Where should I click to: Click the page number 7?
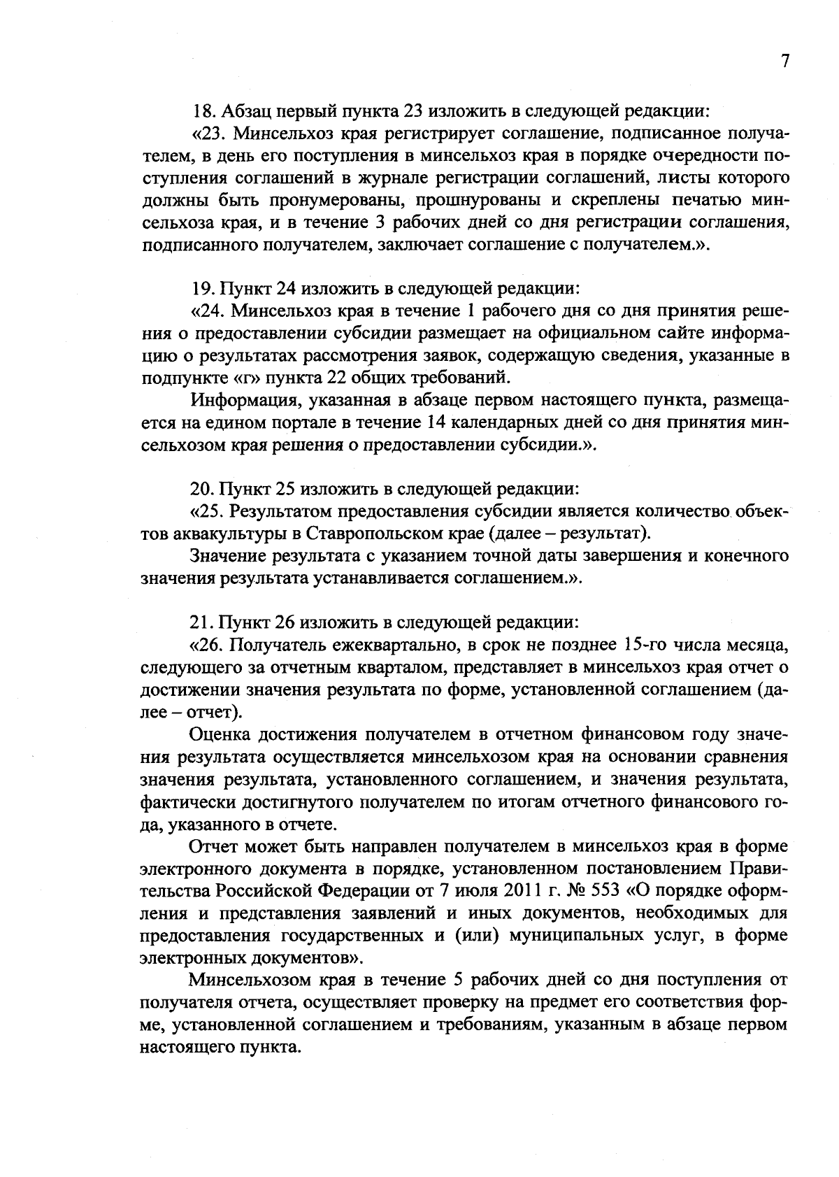pyautogui.click(x=784, y=62)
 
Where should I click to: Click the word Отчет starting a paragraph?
pyautogui.click(x=214, y=846)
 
